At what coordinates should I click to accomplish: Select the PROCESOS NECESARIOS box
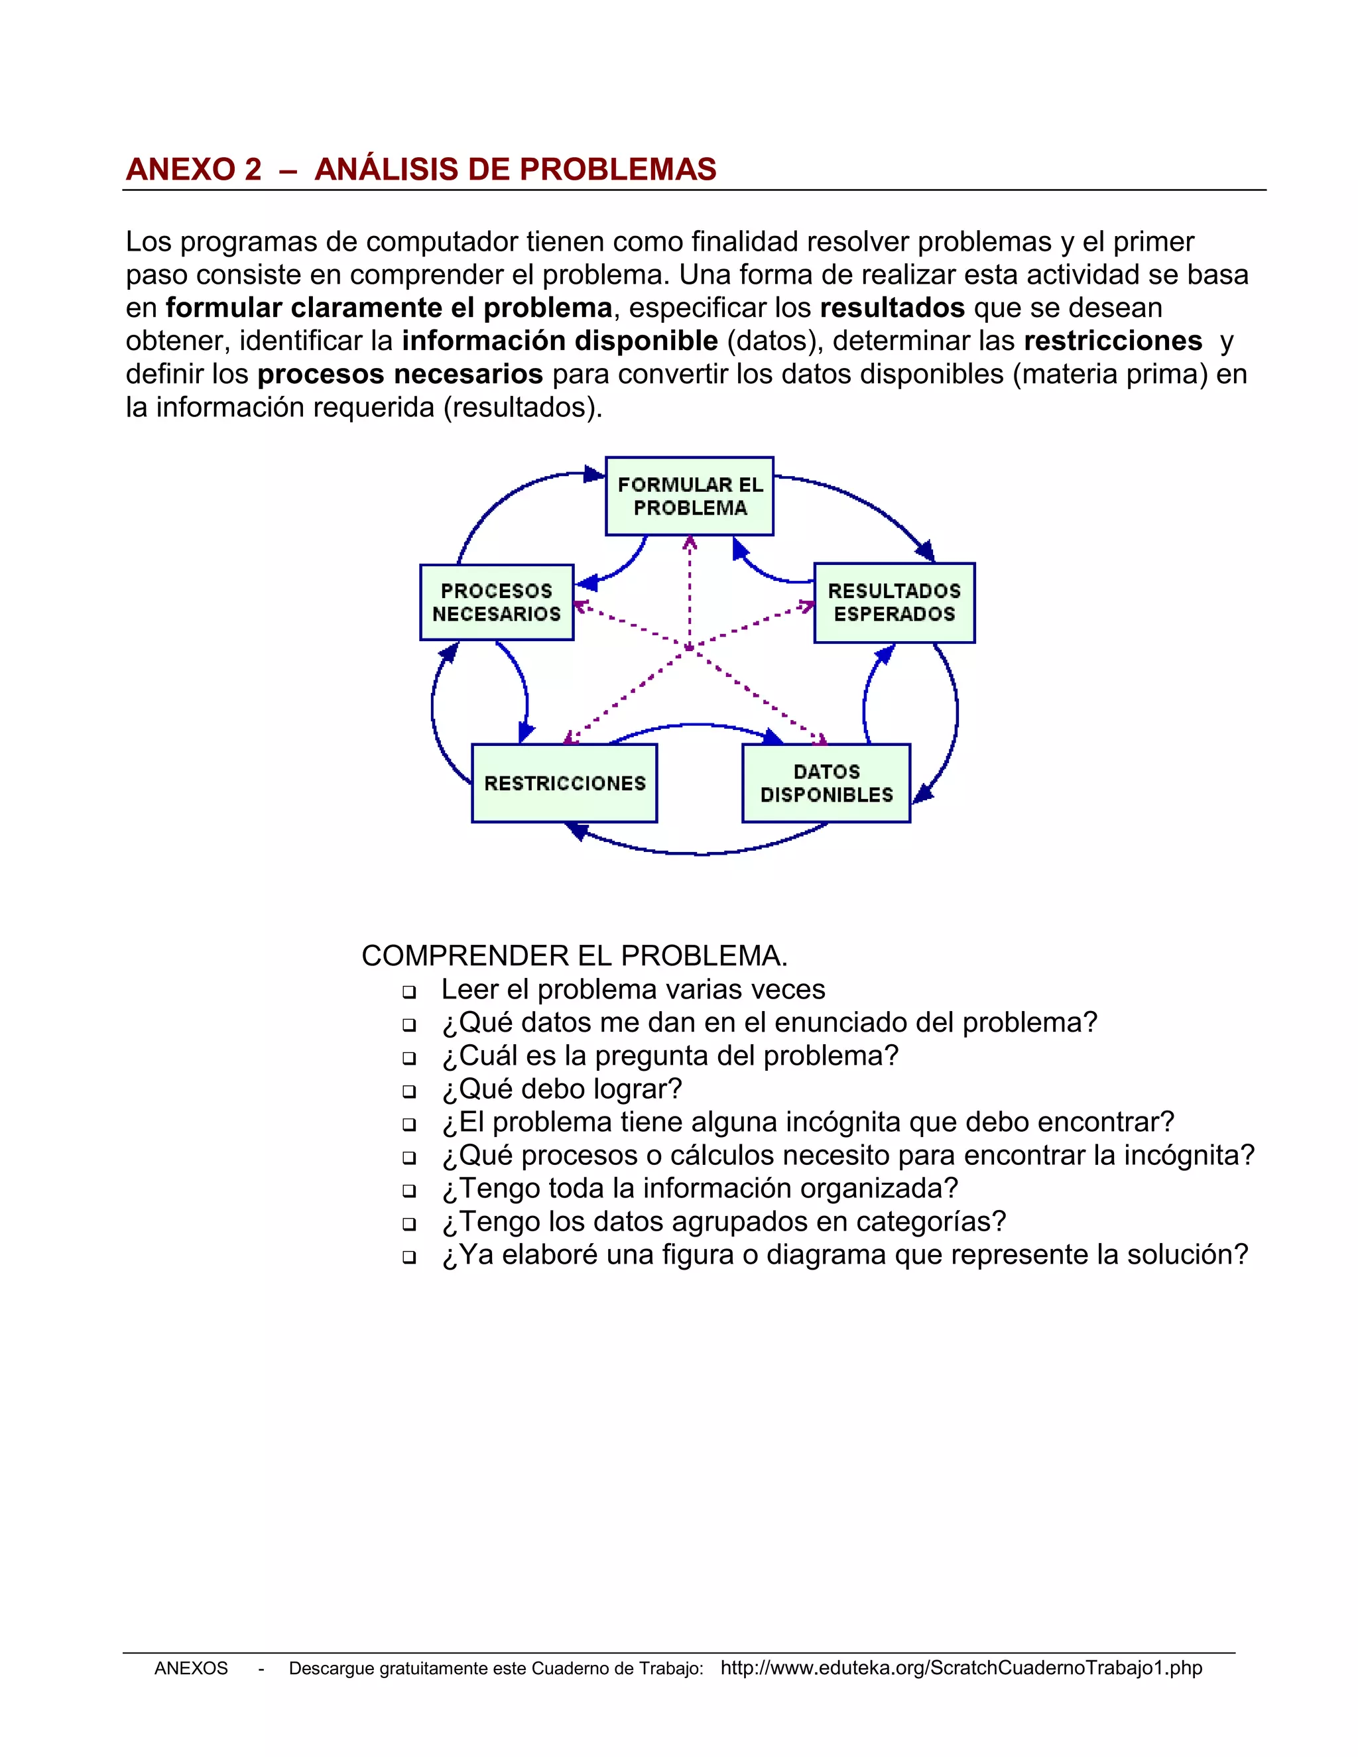tap(497, 602)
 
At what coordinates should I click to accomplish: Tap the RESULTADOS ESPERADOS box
tap(894, 602)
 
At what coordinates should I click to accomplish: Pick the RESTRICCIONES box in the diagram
tap(564, 783)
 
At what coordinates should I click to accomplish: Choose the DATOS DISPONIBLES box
tap(826, 783)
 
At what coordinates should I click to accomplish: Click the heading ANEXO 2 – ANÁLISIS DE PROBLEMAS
tap(421, 169)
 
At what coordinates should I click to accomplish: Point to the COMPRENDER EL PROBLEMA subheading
tap(574, 955)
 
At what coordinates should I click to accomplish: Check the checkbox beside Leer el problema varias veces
tap(408, 991)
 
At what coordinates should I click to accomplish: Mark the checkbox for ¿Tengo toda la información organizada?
tap(408, 1190)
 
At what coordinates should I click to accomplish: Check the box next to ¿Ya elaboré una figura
tap(408, 1256)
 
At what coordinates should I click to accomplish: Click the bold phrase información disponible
tap(560, 341)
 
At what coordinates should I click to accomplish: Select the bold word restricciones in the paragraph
tap(1113, 341)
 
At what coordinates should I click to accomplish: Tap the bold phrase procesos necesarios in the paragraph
tap(400, 374)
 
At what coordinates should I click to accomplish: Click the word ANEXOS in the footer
tap(191, 1669)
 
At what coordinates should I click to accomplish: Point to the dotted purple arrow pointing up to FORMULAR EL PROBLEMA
tap(690, 587)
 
